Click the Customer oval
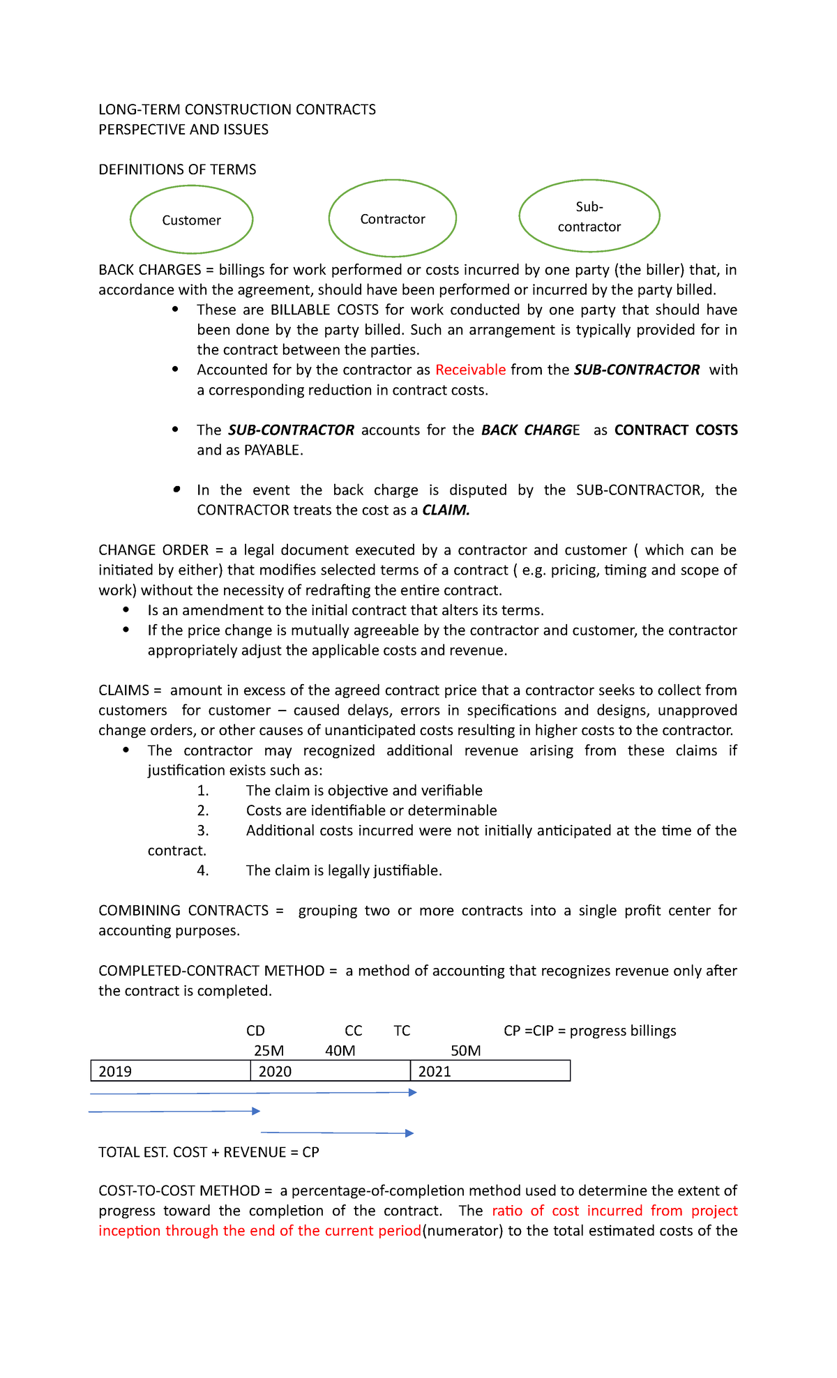(191, 220)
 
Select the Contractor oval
(392, 218)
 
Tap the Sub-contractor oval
(589, 216)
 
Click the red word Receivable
(470, 370)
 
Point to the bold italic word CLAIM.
(446, 510)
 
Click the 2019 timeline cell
(170, 1071)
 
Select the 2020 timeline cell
(330, 1071)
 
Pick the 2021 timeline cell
(490, 1071)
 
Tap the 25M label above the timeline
(269, 1051)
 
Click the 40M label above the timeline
(340, 1051)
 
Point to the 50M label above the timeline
(465, 1051)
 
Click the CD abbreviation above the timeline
(255, 1031)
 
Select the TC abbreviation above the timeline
(402, 1031)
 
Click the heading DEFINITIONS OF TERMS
(177, 169)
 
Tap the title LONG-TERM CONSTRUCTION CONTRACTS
(237, 109)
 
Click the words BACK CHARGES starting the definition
(149, 270)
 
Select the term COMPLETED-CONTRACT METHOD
(211, 971)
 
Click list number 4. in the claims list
(203, 870)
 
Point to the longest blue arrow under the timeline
(252, 1093)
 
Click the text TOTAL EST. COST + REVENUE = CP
(209, 1152)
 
